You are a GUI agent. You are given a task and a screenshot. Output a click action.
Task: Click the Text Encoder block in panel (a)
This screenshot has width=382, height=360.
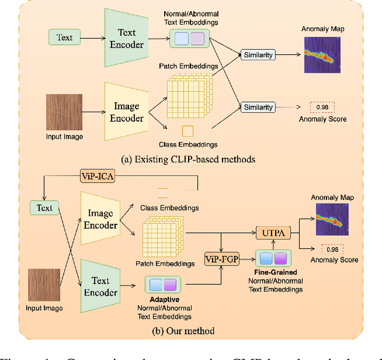(126, 39)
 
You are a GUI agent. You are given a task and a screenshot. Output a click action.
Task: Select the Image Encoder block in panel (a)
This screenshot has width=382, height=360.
(127, 112)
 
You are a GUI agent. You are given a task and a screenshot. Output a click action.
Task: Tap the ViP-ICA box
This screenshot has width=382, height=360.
(97, 177)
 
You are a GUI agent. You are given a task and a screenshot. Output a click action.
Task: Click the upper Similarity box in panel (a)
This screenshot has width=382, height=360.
(258, 55)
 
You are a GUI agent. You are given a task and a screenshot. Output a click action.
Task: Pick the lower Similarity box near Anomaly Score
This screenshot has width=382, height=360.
(258, 107)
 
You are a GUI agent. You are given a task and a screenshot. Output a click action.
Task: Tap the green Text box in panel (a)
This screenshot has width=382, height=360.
(64, 37)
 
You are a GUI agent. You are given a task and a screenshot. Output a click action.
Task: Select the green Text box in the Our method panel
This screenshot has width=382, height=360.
(45, 208)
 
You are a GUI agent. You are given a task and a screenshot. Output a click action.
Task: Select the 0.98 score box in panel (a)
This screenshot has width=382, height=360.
(322, 107)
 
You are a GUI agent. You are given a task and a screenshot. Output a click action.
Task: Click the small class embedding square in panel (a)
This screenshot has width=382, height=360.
(187, 131)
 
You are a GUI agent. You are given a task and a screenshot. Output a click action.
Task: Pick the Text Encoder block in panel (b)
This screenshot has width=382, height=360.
(101, 286)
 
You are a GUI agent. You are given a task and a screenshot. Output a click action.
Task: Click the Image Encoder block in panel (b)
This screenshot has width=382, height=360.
(101, 220)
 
